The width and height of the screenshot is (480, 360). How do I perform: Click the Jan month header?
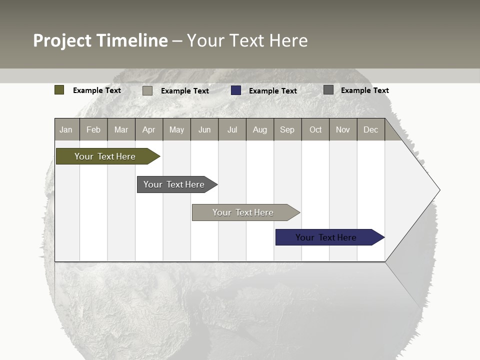point(66,129)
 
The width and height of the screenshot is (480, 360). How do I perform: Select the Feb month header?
point(93,129)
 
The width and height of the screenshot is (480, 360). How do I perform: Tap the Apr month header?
point(149,129)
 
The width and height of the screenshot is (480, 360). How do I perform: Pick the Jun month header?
point(204,129)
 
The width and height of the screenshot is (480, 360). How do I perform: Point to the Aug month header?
point(260,129)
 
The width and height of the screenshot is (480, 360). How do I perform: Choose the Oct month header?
point(315,129)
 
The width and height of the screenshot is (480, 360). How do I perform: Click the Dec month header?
point(371,129)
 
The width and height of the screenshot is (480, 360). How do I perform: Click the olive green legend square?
point(59,90)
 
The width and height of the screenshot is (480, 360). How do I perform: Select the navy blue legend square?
point(236,90)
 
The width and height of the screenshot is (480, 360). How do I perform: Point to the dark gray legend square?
point(328,90)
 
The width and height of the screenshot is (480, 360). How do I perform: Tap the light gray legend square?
point(147,90)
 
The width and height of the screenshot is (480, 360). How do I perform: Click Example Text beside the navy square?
point(273,91)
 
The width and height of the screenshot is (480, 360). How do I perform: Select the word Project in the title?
point(63,40)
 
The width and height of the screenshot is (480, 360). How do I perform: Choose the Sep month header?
point(287,129)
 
